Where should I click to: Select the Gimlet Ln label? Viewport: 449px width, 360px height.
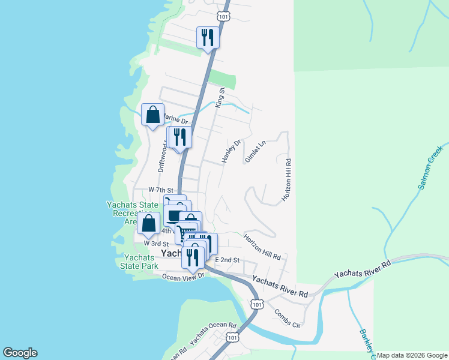pos(255,151)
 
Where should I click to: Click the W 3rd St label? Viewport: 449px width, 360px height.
pos(156,244)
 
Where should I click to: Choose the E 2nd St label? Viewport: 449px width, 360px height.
pos(227,260)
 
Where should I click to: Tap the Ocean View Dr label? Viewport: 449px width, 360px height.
pos(184,277)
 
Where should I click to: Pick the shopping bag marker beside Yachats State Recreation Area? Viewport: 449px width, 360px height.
pos(148,223)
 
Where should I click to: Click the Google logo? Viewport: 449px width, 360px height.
pos(20,353)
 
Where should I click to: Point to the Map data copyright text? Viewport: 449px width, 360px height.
pos(411,355)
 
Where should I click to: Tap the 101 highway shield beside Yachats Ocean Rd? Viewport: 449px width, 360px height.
pos(232,338)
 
